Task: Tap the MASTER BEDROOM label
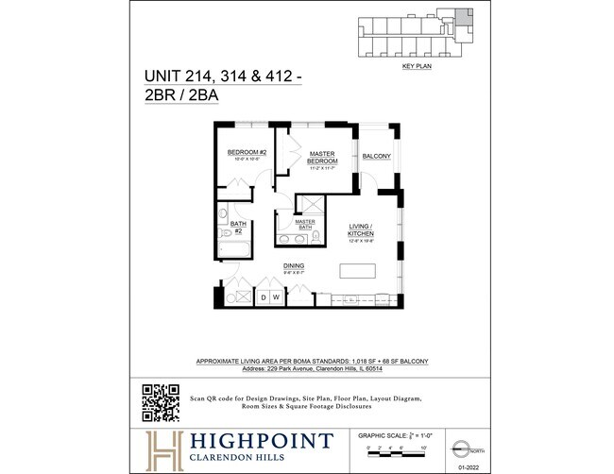(322, 157)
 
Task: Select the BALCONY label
(376, 157)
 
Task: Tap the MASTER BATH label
(303, 225)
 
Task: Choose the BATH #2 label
(238, 226)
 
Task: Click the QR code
(161, 403)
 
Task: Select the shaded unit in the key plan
(464, 18)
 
